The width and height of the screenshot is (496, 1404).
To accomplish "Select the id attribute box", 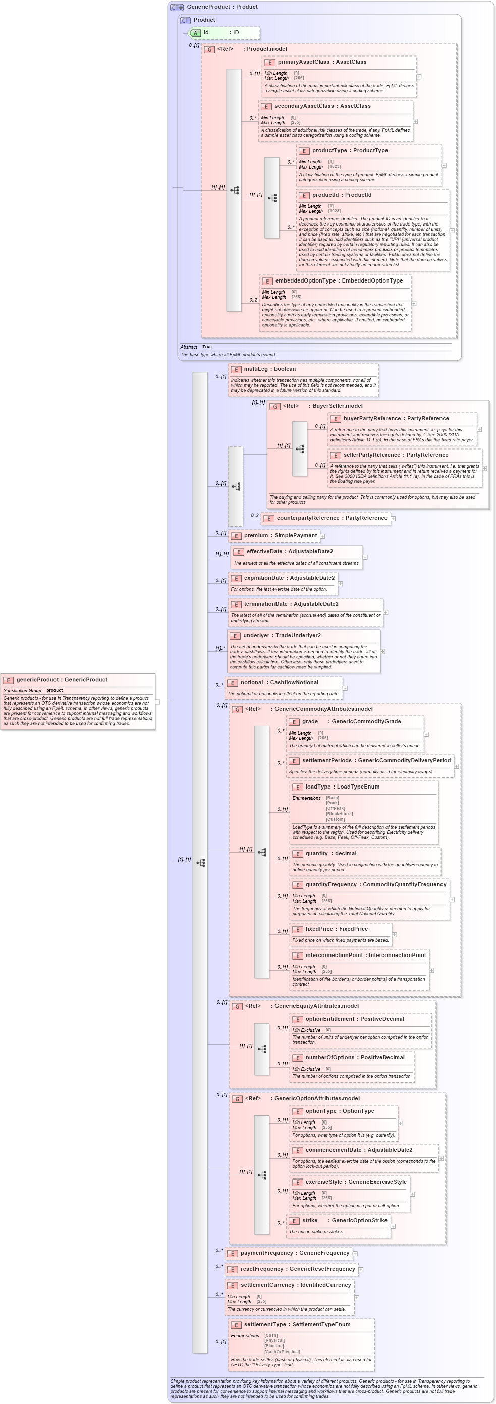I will pyautogui.click(x=224, y=33).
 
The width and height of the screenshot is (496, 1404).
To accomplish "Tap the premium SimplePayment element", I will pyautogui.click(x=280, y=535).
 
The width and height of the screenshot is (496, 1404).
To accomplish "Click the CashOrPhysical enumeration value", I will pyautogui.click(x=282, y=1351).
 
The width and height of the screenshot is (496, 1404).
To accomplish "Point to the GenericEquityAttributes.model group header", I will pyautogui.click(x=316, y=1006).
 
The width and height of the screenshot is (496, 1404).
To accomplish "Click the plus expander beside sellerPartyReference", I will pyautogui.click(x=484, y=468).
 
